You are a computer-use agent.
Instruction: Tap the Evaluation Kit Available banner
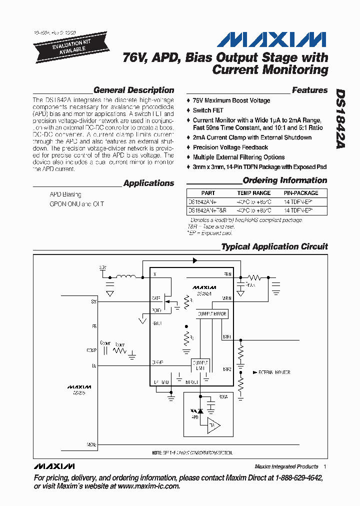61,46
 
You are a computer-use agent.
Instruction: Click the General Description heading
133,90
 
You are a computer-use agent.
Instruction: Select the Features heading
309,90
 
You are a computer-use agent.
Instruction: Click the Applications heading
148,183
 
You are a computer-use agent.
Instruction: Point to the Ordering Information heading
284,180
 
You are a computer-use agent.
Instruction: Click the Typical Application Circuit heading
274,246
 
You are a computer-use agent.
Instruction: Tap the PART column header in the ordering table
208,193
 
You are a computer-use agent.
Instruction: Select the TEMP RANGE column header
253,193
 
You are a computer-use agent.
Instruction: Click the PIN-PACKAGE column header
301,193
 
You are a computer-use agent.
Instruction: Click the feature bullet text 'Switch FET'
208,110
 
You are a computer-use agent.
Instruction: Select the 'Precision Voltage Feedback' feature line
230,147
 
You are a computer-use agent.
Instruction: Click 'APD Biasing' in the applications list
65,194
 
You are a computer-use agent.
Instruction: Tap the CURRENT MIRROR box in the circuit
211,314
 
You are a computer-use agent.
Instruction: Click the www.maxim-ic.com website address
142,486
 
